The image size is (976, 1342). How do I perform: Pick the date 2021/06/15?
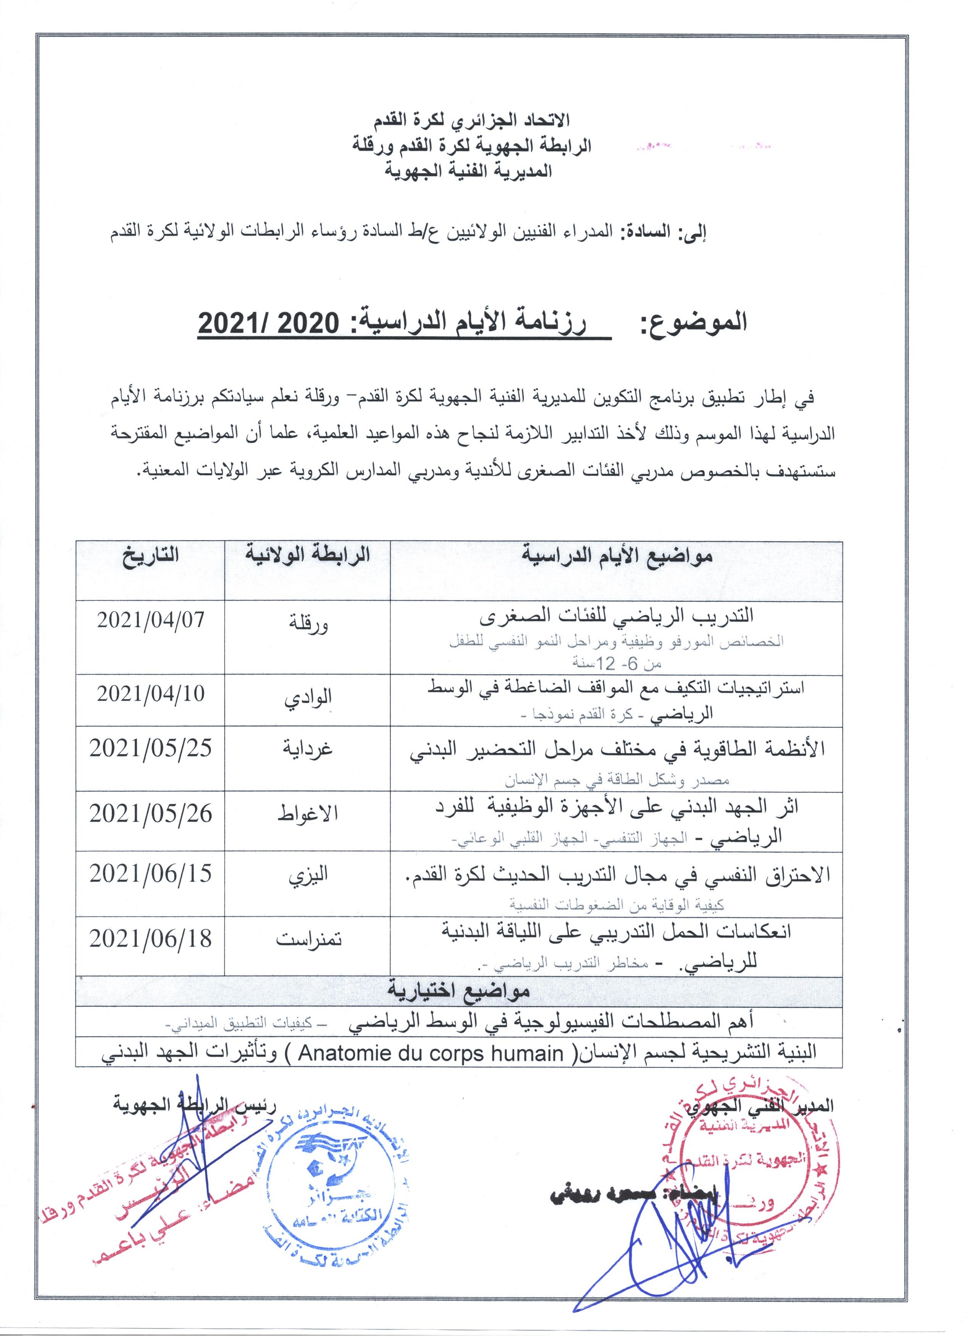pyautogui.click(x=150, y=874)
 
